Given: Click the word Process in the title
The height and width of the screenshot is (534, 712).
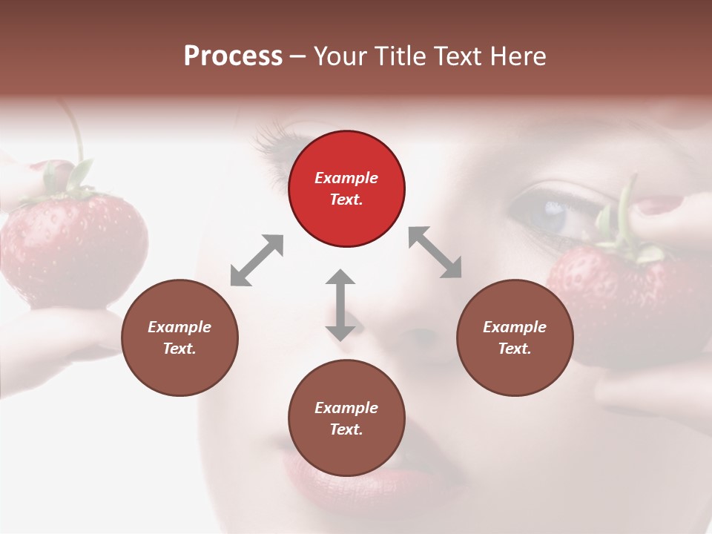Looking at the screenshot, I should click(x=233, y=56).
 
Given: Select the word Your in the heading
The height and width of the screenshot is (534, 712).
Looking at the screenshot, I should click(x=342, y=56).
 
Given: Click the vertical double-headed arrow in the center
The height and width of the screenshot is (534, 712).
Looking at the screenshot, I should click(x=340, y=305).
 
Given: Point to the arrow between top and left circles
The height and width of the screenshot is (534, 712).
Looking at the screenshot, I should click(x=257, y=260).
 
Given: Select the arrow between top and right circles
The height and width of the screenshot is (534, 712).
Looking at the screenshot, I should click(x=435, y=252).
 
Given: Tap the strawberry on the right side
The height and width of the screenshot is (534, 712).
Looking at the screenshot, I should click(x=623, y=297).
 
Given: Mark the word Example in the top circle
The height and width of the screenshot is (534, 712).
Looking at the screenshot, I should click(x=346, y=178).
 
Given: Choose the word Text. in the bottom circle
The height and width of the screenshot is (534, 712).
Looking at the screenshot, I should click(x=346, y=429).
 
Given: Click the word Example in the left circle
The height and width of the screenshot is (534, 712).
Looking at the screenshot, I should click(x=179, y=327).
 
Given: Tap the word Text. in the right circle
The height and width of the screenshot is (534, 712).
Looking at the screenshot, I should click(x=515, y=349).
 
